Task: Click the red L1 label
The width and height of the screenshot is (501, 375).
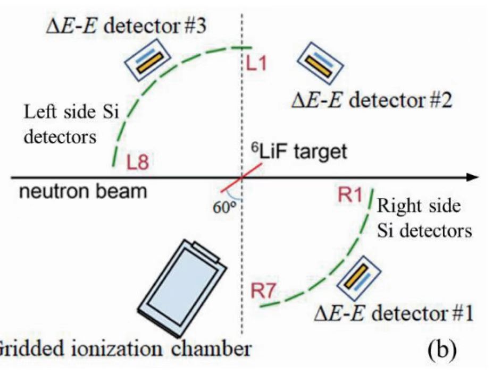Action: [x=258, y=64]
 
